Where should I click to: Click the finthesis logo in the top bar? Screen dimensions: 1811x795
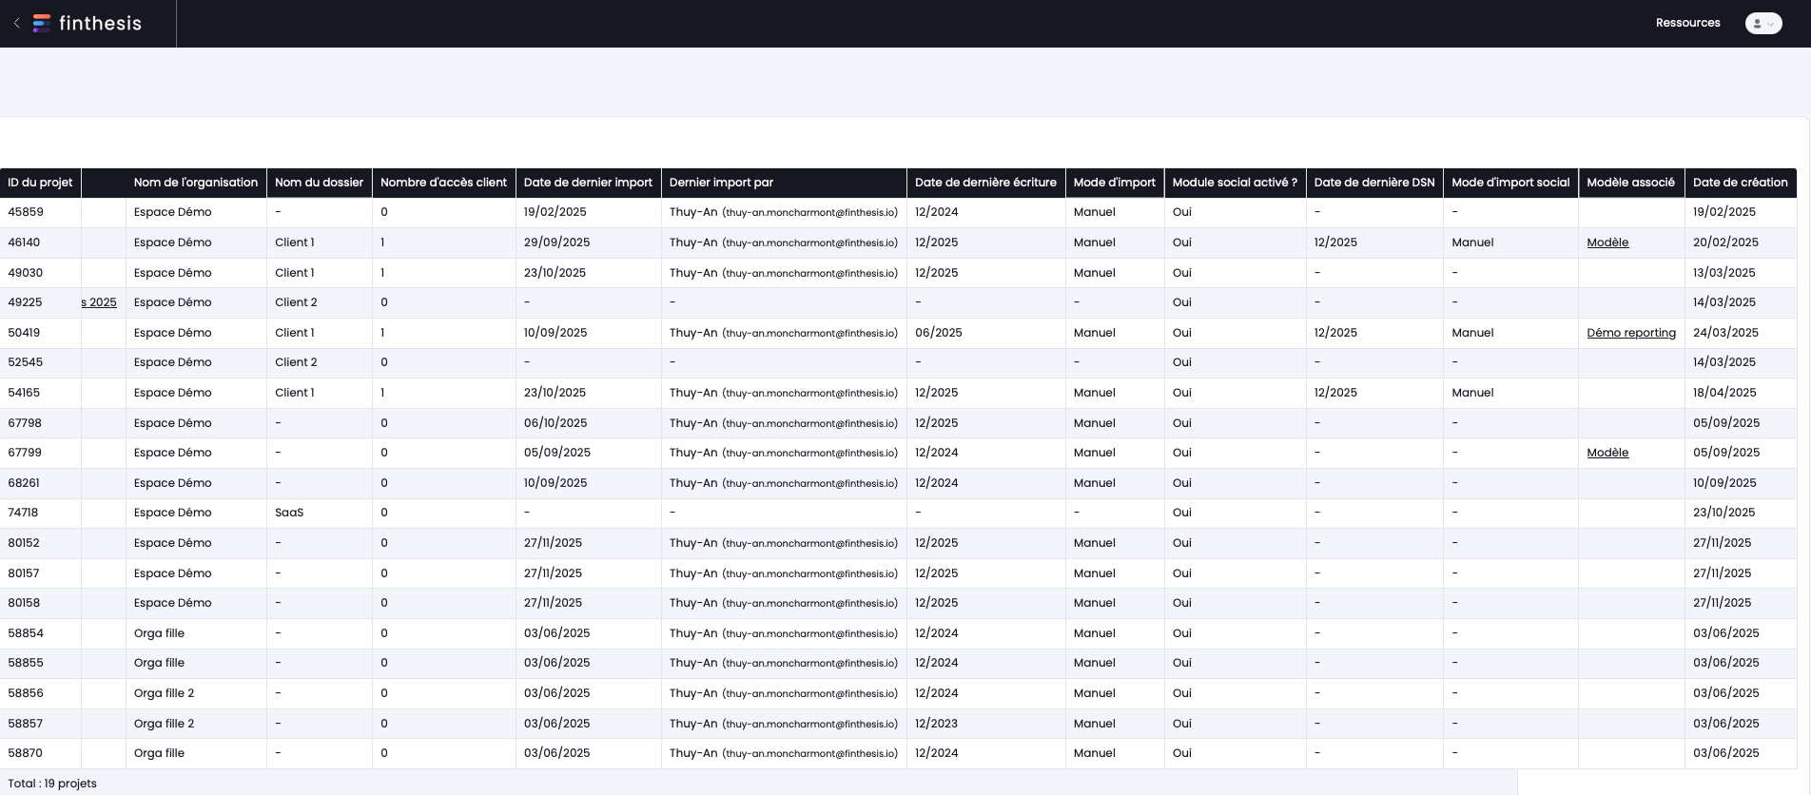(x=87, y=23)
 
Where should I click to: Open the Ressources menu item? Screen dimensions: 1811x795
(x=1687, y=23)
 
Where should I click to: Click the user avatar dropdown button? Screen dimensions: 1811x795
(x=1762, y=24)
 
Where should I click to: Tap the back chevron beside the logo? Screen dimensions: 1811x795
(x=16, y=23)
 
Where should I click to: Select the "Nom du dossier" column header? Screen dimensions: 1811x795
(x=319, y=183)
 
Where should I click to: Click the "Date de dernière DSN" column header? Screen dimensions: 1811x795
(x=1373, y=183)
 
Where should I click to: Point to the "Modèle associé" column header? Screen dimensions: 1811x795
(x=1630, y=183)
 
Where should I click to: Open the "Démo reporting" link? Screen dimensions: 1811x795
(x=1631, y=333)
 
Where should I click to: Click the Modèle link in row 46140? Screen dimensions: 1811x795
(x=1607, y=242)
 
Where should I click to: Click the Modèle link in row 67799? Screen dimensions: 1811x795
(x=1607, y=453)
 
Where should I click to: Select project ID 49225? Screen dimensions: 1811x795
(x=25, y=302)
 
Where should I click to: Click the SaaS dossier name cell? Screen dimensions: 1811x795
(x=289, y=513)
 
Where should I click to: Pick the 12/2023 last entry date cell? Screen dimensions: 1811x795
(x=936, y=724)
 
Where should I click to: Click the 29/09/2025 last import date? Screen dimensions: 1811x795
(x=556, y=242)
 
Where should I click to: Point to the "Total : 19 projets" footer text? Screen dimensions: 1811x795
(x=52, y=784)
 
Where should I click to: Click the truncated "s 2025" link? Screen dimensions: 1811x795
(x=99, y=302)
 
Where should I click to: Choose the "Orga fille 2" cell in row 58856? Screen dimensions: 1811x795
(x=164, y=693)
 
